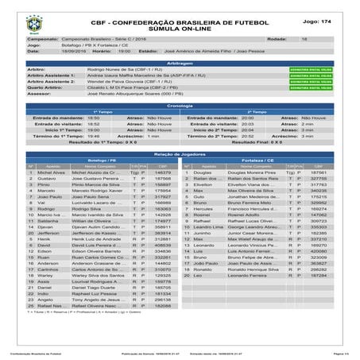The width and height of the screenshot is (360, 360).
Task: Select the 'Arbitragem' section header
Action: tap(180, 61)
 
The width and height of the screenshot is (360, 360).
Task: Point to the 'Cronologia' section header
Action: tap(180, 105)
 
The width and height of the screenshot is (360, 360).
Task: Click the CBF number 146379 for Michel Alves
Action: tap(164, 172)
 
